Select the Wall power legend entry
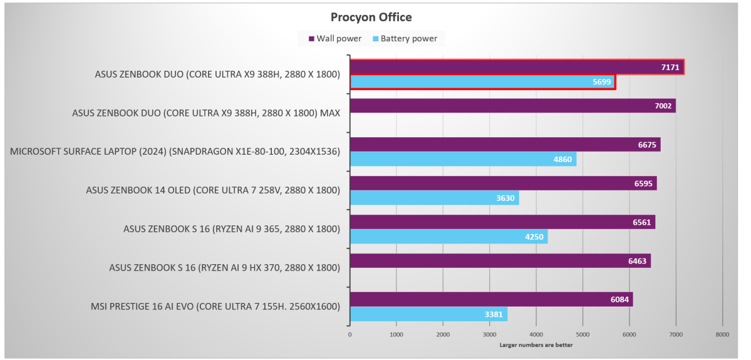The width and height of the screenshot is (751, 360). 335,39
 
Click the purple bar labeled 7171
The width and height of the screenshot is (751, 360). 516,66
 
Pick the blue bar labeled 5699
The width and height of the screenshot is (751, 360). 482,82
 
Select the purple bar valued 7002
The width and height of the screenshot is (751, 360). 512,106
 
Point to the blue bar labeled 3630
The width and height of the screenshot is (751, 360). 434,198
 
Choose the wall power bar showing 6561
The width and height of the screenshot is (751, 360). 502,222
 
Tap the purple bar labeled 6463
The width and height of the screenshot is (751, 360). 500,261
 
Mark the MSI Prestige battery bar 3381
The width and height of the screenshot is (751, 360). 428,314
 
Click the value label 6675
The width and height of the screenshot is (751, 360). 646,145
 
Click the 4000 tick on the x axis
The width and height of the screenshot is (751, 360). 536,335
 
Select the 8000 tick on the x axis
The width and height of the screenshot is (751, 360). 722,335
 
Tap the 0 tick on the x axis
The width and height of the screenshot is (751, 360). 350,335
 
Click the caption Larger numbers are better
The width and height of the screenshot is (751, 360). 536,345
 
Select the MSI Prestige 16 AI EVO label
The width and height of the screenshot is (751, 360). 215,307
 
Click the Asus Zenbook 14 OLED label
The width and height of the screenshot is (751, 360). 213,190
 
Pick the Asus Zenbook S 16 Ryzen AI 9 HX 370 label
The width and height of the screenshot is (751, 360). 224,268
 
